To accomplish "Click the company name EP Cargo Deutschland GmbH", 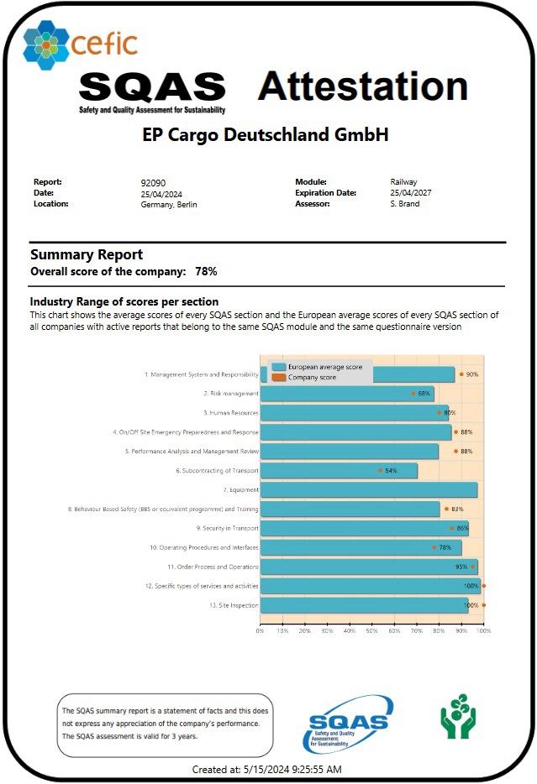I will [x=266, y=134].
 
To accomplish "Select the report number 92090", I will [x=152, y=182].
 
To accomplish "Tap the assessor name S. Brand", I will [x=405, y=204].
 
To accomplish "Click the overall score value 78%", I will [x=206, y=272].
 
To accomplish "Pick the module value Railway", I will [x=403, y=182].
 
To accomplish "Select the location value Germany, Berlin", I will [x=169, y=204].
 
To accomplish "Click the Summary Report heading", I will [x=87, y=254].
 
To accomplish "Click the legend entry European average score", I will [x=324, y=368].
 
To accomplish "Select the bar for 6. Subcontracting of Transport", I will [x=338, y=471].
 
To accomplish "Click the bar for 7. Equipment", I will [x=368, y=490].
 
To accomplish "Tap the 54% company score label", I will [x=391, y=471].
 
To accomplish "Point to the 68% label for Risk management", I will [x=424, y=394].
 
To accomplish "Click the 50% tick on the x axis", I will [x=372, y=630].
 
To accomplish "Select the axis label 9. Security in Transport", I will [x=228, y=529].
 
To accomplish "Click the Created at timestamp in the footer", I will [x=266, y=769].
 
